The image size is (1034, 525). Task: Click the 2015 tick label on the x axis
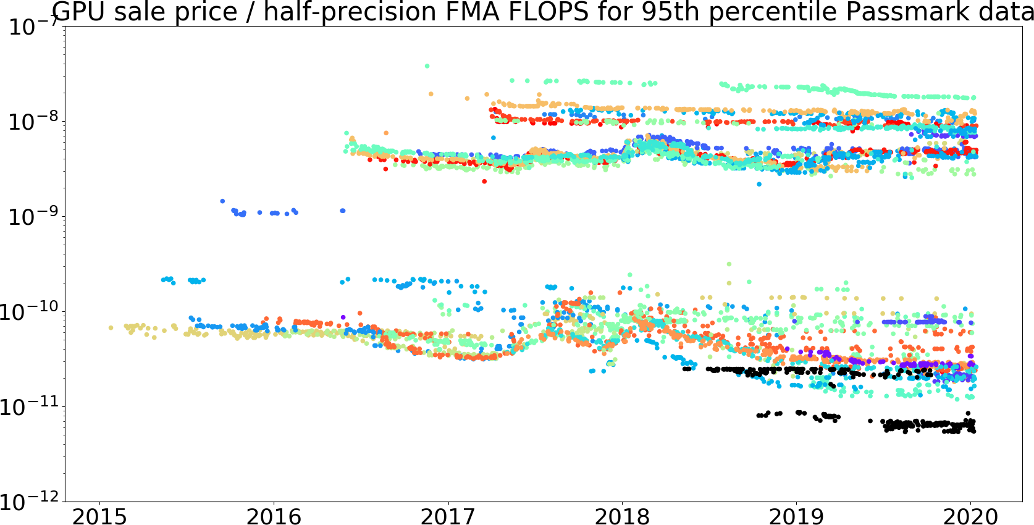click(99, 516)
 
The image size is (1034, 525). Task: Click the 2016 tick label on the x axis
click(274, 516)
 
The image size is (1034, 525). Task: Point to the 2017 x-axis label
click(448, 516)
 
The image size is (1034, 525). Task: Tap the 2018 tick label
click(622, 516)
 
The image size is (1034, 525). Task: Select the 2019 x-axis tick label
click(796, 516)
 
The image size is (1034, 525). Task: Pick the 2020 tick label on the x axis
click(970, 516)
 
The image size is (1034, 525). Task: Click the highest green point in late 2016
click(427, 66)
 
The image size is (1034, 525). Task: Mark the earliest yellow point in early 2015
click(111, 328)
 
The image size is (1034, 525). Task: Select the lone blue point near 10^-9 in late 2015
click(222, 201)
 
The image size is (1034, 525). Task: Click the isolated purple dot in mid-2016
click(343, 317)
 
